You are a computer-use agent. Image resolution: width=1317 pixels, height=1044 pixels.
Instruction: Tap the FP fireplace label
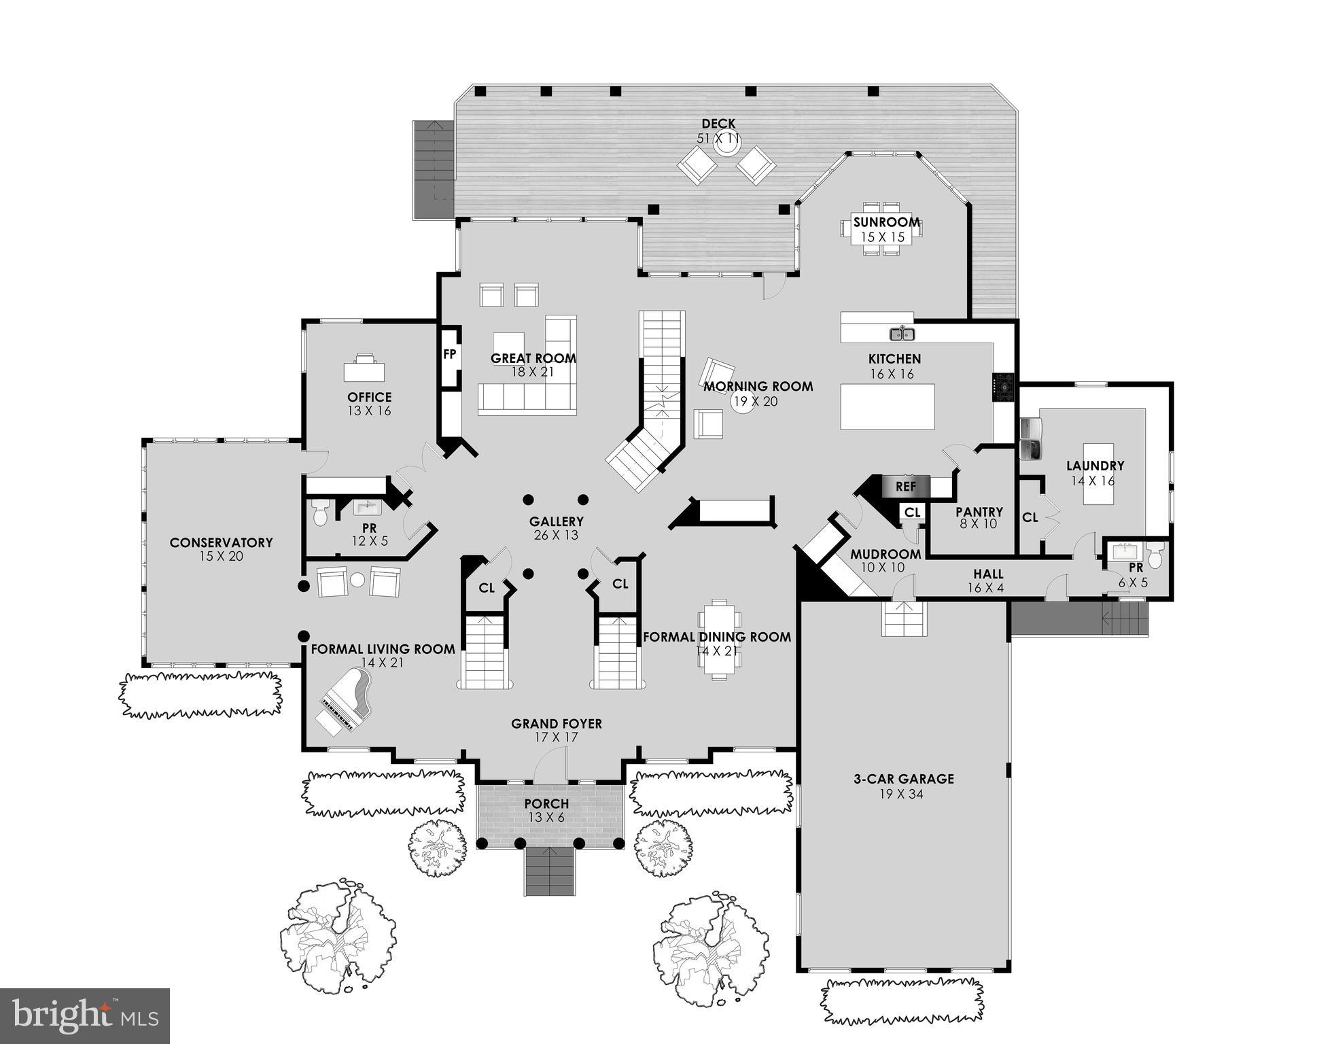pos(449,354)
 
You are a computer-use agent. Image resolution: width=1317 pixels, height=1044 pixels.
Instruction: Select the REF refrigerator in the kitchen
pos(905,487)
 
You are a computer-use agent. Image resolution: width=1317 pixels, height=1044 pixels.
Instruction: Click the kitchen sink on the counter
pos(902,334)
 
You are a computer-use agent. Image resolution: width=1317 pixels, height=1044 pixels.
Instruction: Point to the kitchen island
pos(887,406)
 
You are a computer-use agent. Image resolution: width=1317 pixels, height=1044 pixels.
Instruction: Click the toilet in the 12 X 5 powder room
pos(321,513)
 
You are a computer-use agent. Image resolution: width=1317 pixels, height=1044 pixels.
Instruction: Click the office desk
pos(364,370)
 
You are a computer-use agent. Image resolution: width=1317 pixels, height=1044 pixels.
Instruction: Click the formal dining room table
pos(720,639)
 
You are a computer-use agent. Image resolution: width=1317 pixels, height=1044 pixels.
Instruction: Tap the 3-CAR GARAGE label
pos(904,779)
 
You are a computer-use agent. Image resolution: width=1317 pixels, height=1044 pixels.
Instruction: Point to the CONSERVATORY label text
pos(221,542)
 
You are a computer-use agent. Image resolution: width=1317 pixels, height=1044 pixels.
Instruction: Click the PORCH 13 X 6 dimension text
pos(547,818)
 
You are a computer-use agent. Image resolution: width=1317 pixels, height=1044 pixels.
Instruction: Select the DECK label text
pos(718,124)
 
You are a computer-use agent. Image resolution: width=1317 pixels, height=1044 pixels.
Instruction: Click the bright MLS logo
pos(84,1015)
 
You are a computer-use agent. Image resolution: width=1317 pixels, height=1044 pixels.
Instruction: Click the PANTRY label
pos(979,512)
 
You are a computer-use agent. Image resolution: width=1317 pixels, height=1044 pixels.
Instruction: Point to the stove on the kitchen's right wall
pos(1003,387)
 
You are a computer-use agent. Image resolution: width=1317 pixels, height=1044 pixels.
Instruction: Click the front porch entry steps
pos(550,872)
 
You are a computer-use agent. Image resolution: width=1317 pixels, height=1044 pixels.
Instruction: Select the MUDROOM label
pos(885,554)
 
